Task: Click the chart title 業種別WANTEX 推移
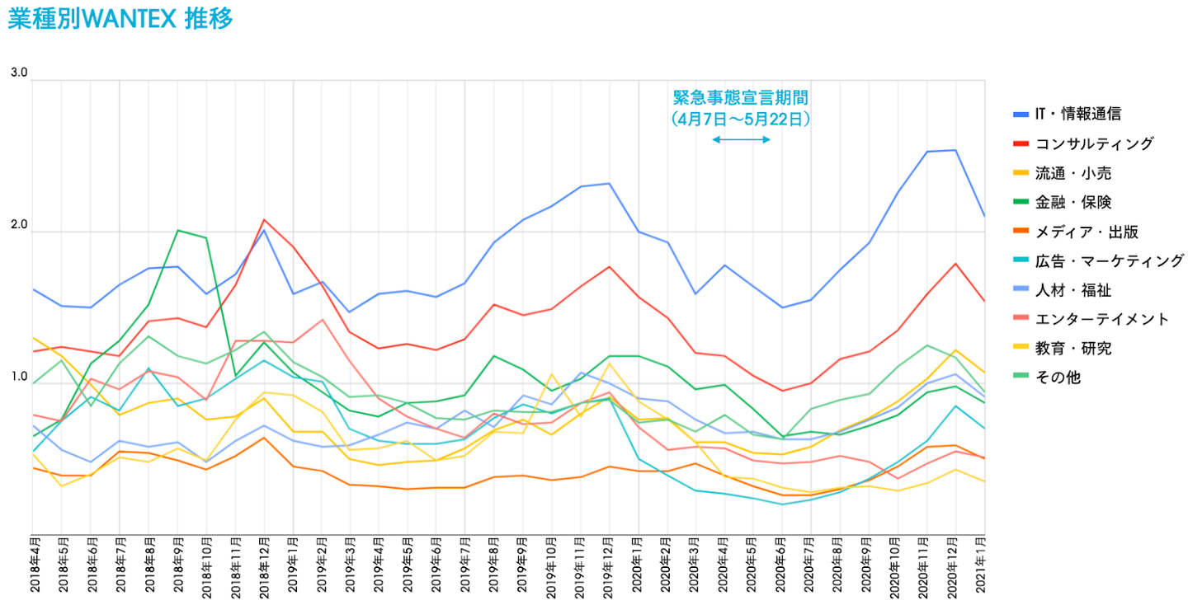coord(120,19)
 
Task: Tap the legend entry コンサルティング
coord(1094,143)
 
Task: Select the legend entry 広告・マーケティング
coord(1109,260)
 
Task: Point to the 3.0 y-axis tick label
coord(19,73)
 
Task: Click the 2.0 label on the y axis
coord(19,225)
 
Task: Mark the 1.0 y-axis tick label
coord(19,378)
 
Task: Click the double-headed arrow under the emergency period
coord(741,140)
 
